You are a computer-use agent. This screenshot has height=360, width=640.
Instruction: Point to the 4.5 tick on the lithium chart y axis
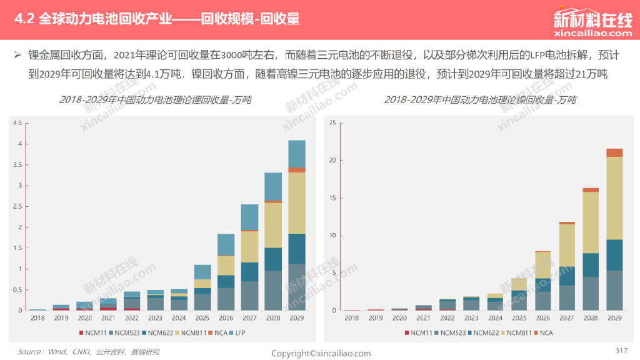(x=17, y=123)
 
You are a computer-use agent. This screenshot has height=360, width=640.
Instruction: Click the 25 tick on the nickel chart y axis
(x=332, y=123)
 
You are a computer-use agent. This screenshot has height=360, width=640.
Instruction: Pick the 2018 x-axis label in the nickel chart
(x=352, y=318)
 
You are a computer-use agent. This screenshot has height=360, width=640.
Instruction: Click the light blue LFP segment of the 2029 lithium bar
(x=296, y=154)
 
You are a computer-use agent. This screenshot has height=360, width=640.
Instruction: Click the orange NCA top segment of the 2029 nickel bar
(x=614, y=152)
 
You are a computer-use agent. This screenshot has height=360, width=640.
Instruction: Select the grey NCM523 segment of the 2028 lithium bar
(x=273, y=291)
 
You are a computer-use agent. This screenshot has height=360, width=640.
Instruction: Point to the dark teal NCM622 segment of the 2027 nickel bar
(x=567, y=276)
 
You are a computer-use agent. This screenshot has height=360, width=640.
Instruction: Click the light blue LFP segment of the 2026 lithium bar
(x=226, y=245)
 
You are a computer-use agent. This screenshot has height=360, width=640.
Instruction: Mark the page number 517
(x=621, y=350)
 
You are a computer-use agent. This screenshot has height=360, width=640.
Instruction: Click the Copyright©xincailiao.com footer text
(x=321, y=354)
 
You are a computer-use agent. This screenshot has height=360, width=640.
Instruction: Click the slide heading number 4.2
(x=26, y=19)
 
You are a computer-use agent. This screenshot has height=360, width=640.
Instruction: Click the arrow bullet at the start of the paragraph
(x=18, y=55)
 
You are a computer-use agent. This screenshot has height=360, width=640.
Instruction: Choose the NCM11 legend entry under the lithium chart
(x=96, y=333)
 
